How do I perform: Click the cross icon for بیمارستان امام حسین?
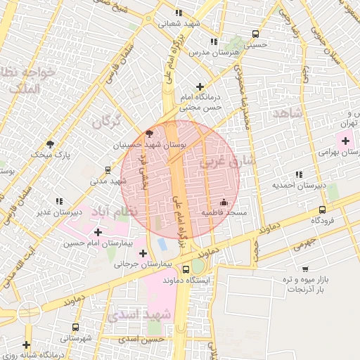(97, 231)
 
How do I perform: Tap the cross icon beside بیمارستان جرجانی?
(143, 253)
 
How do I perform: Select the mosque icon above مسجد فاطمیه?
(224, 202)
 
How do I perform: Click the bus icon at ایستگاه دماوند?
(186, 269)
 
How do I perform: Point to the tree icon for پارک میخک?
(50, 143)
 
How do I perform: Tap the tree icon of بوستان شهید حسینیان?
(148, 134)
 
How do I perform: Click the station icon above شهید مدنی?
(107, 169)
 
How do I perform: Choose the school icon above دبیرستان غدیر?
(58, 201)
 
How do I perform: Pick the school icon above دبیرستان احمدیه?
(299, 174)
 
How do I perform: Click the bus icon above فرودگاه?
(322, 210)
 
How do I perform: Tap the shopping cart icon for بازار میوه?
(304, 269)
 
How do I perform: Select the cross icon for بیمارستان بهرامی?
(345, 141)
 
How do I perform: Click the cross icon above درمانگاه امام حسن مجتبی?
(200, 86)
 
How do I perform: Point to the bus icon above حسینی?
(255, 33)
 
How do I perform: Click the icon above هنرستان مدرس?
(214, 42)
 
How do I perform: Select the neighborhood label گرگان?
(106, 122)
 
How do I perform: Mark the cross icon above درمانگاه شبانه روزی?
(26, 345)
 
